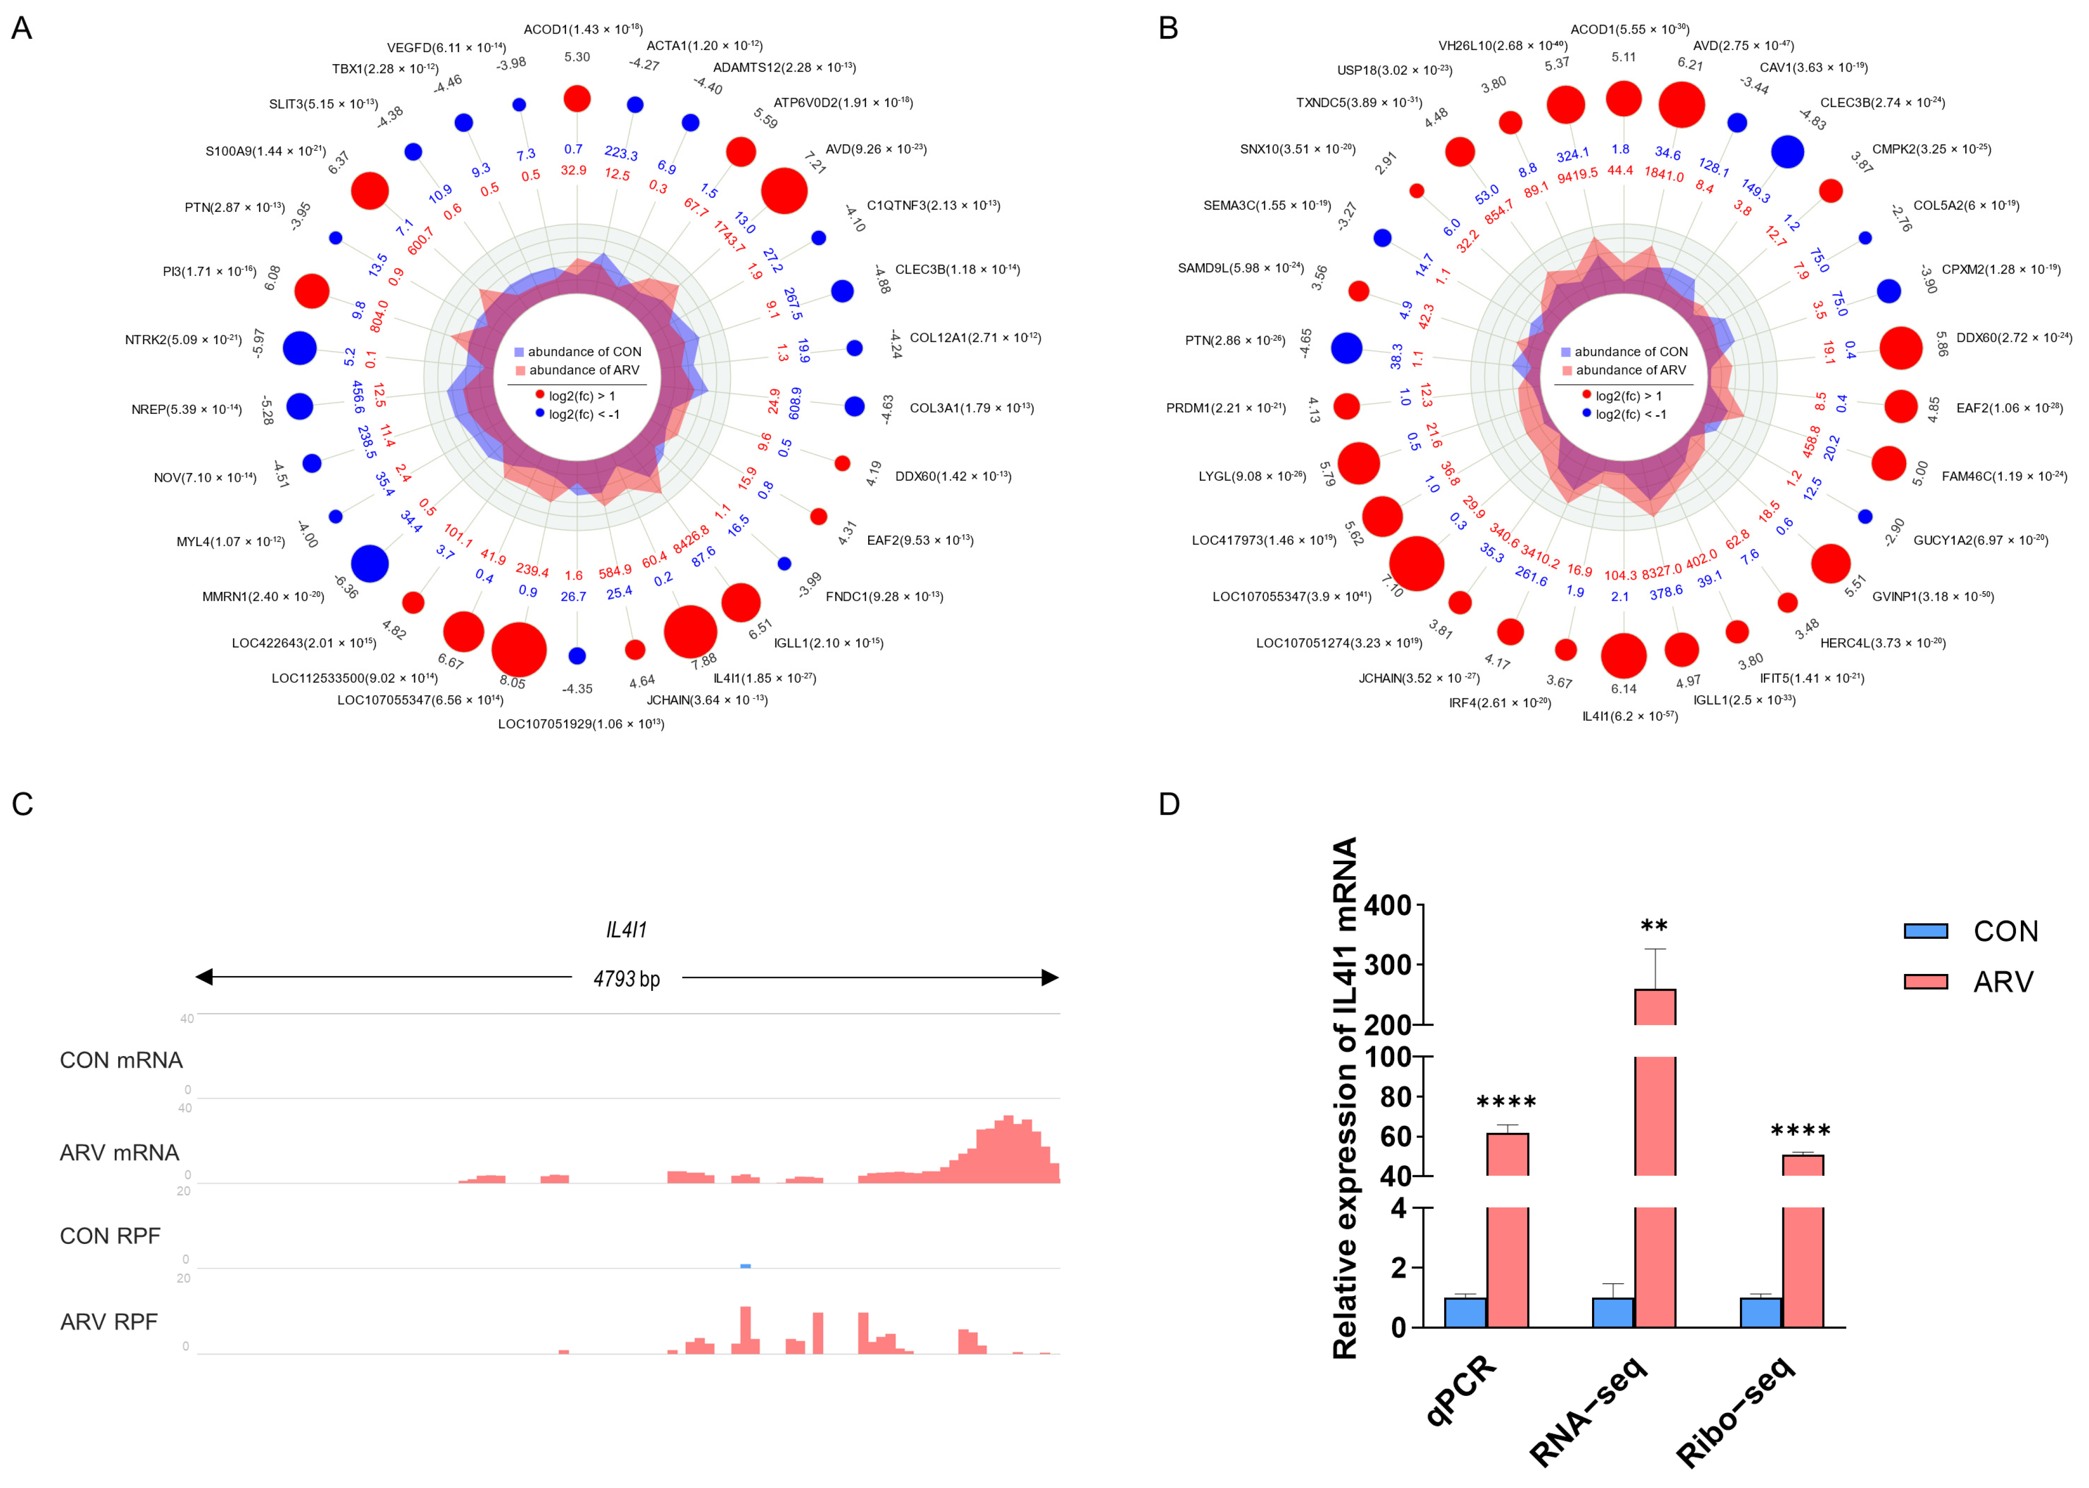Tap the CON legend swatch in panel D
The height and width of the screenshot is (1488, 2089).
tap(1925, 931)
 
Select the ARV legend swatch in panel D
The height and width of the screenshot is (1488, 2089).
tap(1925, 981)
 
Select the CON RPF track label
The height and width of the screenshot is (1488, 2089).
tap(110, 1236)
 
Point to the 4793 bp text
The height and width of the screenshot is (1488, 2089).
tap(627, 978)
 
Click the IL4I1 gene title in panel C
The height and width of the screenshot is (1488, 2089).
tap(627, 930)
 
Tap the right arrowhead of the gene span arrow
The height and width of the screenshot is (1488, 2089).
tap(1050, 977)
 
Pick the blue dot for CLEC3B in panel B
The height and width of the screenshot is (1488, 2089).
tap(1786, 151)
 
